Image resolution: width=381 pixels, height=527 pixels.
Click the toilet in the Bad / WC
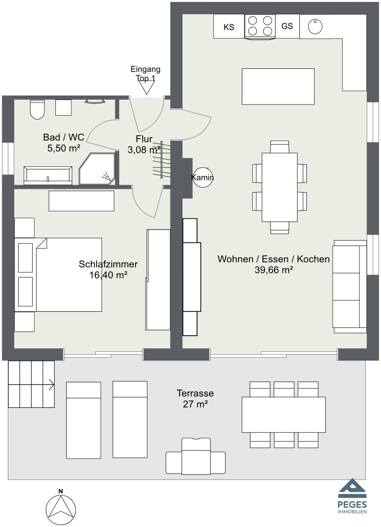click(x=37, y=109)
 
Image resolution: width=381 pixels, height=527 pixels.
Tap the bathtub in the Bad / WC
click(x=48, y=175)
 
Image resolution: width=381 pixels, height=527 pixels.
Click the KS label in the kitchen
click(x=229, y=27)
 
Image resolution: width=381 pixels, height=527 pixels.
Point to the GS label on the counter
click(x=287, y=26)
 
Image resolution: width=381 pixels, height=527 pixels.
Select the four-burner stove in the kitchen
click(x=260, y=26)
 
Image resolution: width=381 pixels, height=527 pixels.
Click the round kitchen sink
click(x=315, y=26)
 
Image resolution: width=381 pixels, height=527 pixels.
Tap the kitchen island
click(x=278, y=86)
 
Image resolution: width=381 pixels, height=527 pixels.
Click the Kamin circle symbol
click(x=203, y=177)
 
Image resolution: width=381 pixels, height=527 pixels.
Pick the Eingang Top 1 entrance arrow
click(x=147, y=88)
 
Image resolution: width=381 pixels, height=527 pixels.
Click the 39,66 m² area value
click(x=274, y=270)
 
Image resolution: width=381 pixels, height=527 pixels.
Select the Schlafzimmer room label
click(x=108, y=264)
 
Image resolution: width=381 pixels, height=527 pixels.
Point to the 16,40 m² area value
click(x=108, y=275)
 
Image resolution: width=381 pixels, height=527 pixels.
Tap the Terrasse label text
click(x=195, y=393)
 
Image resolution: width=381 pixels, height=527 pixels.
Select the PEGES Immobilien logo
click(x=352, y=496)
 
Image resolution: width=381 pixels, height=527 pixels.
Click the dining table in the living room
click(x=280, y=187)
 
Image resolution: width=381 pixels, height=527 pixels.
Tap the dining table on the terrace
click(x=284, y=414)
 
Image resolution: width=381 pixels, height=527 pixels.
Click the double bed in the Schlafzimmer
click(x=58, y=275)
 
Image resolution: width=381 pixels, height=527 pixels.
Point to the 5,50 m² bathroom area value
click(x=64, y=148)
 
